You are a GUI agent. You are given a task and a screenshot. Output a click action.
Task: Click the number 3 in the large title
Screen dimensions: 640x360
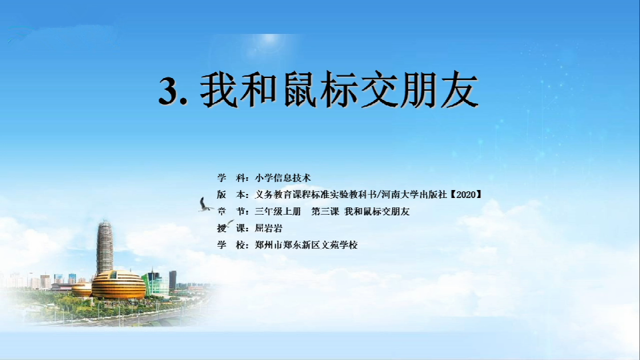(169, 91)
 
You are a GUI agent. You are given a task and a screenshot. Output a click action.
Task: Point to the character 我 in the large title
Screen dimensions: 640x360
(219, 90)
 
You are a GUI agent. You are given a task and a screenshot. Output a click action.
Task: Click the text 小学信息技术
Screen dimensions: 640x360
(283, 178)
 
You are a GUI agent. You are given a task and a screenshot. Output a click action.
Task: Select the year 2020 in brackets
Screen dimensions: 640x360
(466, 195)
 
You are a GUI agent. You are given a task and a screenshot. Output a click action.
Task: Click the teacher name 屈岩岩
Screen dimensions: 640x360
(269, 228)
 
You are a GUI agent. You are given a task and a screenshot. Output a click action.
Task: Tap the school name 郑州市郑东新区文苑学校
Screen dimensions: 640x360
(306, 245)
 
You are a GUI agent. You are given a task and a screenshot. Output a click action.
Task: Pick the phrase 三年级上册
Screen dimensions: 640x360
(277, 211)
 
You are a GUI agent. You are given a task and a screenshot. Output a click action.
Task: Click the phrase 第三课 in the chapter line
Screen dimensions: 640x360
(325, 211)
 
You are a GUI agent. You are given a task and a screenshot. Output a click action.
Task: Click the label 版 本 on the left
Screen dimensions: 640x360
(233, 195)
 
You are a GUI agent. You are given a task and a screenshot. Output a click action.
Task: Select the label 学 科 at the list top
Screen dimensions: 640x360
(233, 178)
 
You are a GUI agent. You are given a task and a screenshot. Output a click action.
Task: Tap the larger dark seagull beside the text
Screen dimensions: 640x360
(205, 205)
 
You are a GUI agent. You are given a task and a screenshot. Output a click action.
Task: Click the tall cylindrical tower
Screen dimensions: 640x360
(105, 247)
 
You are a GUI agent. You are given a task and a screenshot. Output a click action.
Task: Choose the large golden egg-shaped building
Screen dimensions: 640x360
(119, 285)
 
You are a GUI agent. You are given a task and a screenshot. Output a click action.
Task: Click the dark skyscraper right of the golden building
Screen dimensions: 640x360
(173, 281)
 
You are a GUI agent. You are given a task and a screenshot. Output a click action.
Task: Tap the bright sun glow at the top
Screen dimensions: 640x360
(269, 39)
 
